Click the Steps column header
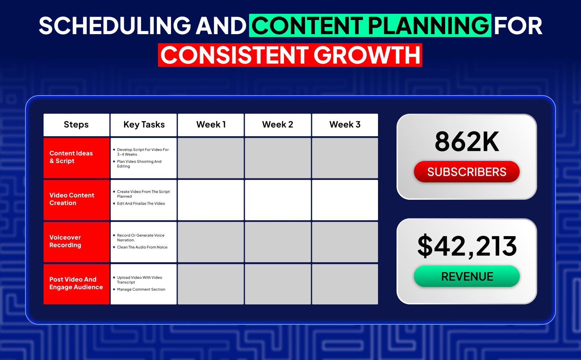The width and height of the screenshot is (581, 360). tap(76, 125)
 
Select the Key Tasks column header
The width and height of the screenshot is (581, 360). tap(144, 125)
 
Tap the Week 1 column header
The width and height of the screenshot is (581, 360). tap(211, 125)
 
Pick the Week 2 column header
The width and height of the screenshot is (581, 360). tap(278, 125)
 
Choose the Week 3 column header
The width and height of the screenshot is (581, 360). tap(345, 125)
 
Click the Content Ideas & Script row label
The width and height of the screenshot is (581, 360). tap(71, 157)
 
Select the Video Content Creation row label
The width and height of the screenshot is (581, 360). tap(72, 199)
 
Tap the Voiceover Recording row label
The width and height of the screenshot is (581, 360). tap(65, 241)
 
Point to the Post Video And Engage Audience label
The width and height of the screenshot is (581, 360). tap(76, 283)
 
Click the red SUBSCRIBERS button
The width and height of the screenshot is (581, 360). tap(467, 171)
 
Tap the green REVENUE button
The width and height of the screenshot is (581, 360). tap(467, 276)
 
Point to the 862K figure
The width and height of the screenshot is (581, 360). tap(467, 141)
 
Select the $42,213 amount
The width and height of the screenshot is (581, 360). tap(467, 246)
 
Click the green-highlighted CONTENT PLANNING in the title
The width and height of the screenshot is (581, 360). tap(370, 25)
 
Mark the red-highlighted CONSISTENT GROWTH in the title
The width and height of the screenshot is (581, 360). tap(290, 55)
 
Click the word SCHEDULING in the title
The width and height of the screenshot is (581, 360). tap(115, 25)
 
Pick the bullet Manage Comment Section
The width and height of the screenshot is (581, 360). tap(141, 290)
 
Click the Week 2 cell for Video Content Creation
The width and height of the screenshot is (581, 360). tap(278, 200)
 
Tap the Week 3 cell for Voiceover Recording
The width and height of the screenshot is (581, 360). tap(345, 242)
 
